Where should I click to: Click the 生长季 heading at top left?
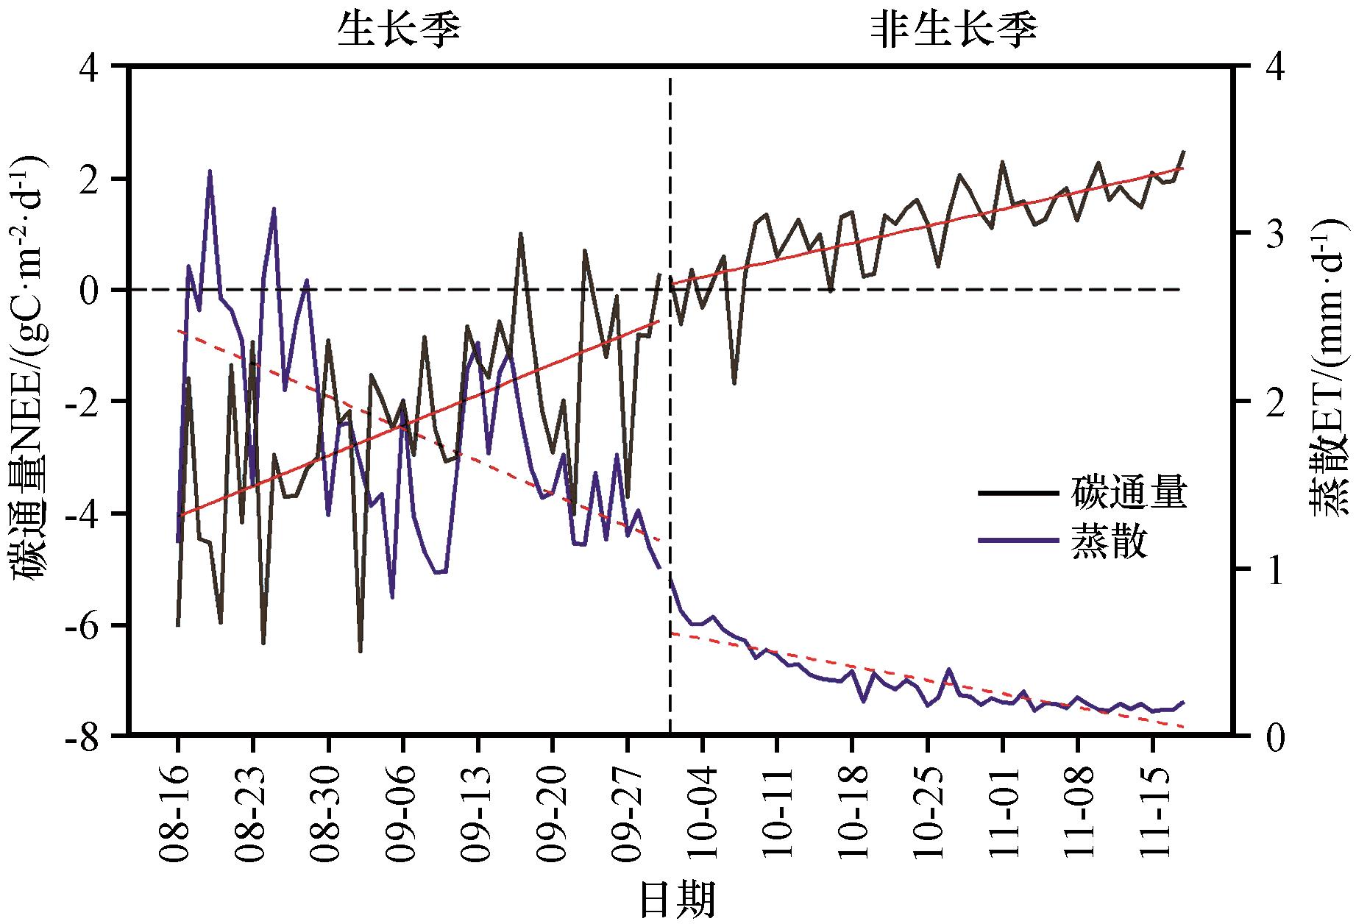click(400, 32)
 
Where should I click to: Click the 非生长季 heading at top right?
click(954, 32)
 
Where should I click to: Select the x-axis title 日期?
click(677, 898)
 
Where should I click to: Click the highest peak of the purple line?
click(210, 171)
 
